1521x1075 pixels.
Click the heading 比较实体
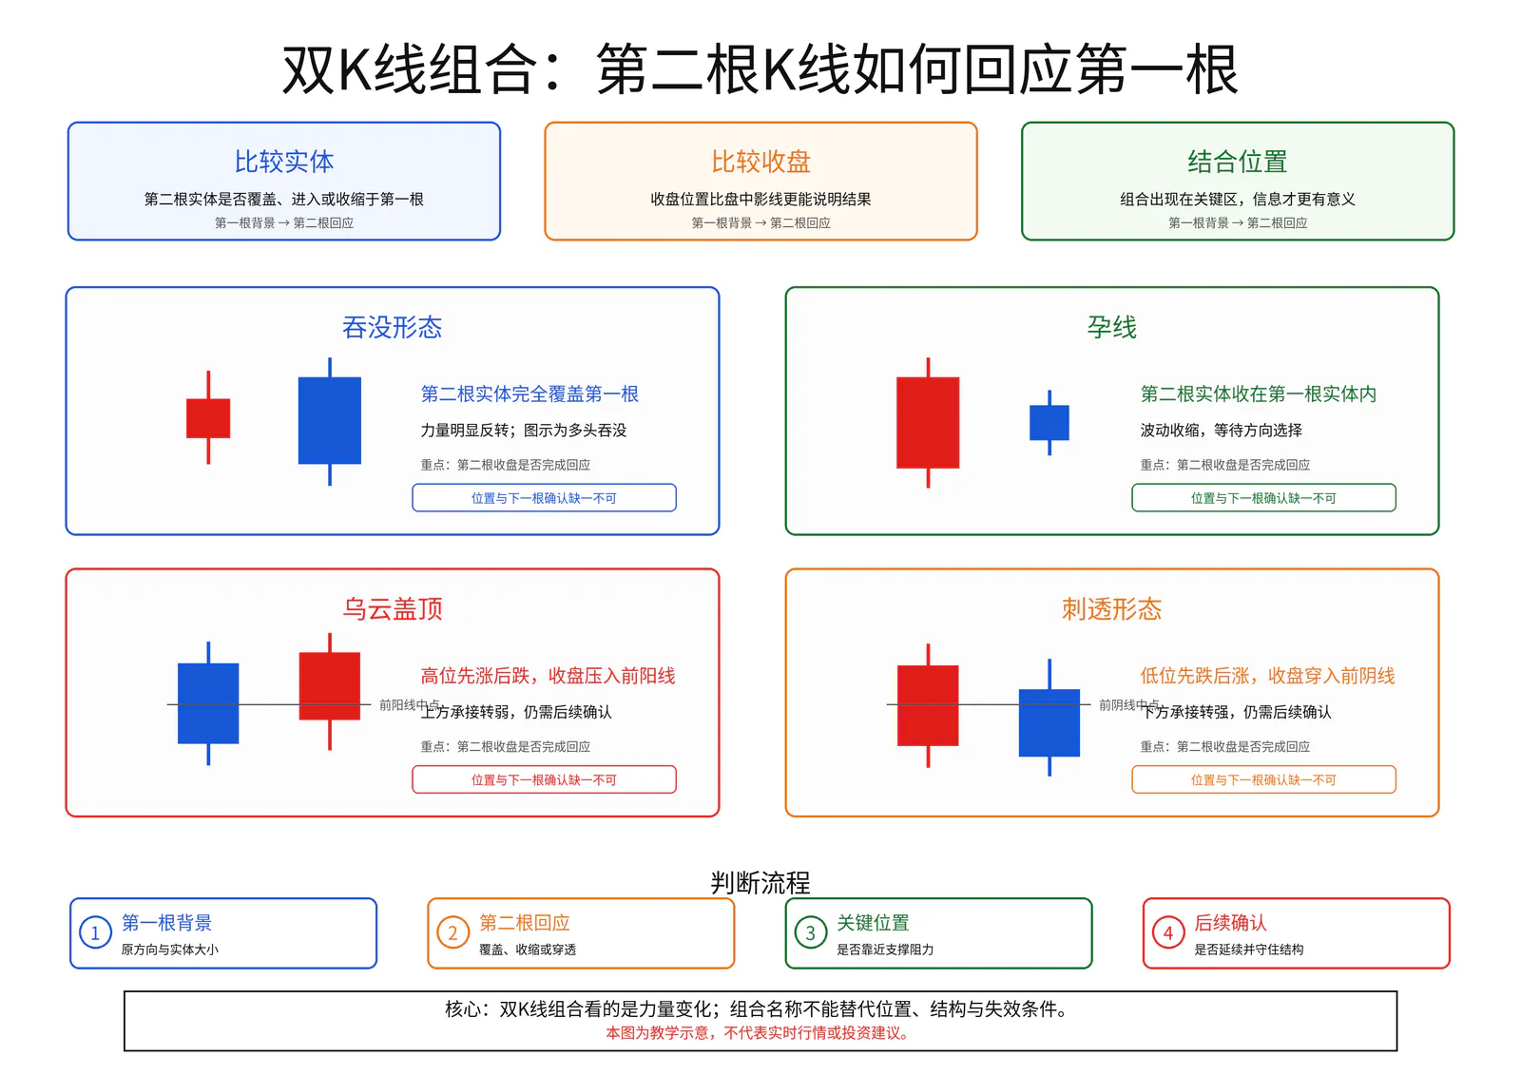pyautogui.click(x=284, y=162)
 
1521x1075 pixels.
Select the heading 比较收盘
pyautogui.click(x=760, y=162)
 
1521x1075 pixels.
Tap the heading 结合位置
pyautogui.click(x=1237, y=162)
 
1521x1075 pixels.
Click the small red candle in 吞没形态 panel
pyautogui.click(x=208, y=417)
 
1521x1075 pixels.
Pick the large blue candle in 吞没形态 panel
pyautogui.click(x=329, y=421)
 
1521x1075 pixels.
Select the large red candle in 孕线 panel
pyautogui.click(x=928, y=422)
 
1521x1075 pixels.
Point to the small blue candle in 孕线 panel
pyautogui.click(x=1049, y=422)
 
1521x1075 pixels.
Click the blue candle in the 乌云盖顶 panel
pyautogui.click(x=208, y=702)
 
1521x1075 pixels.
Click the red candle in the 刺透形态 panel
pyautogui.click(x=928, y=705)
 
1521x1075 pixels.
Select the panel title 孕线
pyautogui.click(x=1111, y=327)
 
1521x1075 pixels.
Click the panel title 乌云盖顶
pyautogui.click(x=393, y=609)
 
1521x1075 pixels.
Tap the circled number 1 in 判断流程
pyautogui.click(x=95, y=933)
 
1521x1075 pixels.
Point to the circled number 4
pyautogui.click(x=1168, y=933)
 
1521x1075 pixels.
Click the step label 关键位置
pyautogui.click(x=873, y=923)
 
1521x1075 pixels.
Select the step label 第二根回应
pyautogui.click(x=524, y=923)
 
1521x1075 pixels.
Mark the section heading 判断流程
pyautogui.click(x=760, y=883)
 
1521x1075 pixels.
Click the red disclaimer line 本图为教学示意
pyautogui.click(x=757, y=1033)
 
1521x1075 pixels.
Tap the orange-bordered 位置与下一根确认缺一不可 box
pyautogui.click(x=1263, y=778)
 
